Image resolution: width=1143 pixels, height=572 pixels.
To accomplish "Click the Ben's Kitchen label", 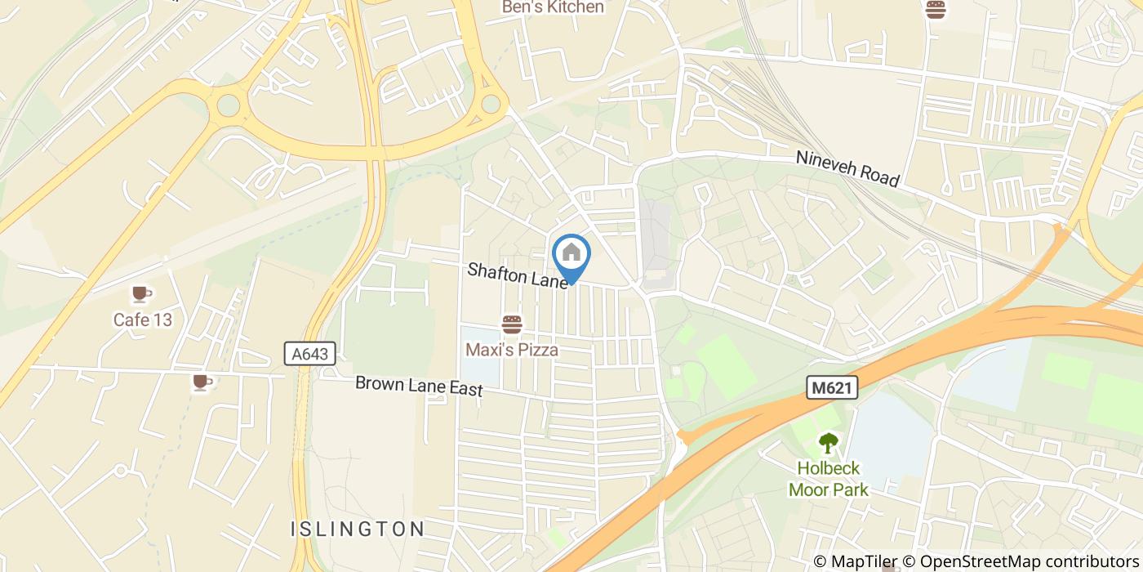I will click(x=553, y=7).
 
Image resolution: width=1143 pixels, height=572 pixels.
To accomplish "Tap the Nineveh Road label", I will click(x=848, y=168).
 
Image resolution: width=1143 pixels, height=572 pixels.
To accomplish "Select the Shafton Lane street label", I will click(x=517, y=275).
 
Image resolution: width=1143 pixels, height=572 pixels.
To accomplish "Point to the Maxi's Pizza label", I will click(x=512, y=350).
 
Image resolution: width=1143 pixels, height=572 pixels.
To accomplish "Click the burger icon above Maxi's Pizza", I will click(x=512, y=325).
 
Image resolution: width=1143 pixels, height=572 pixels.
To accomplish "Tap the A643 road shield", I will click(x=310, y=354).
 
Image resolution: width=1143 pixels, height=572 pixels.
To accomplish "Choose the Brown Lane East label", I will click(x=419, y=386).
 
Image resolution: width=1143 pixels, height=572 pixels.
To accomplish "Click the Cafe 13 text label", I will click(x=143, y=320).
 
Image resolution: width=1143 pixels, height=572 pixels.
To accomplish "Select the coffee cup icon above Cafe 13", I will click(x=142, y=294).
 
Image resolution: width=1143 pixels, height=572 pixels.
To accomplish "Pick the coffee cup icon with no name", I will click(x=201, y=382).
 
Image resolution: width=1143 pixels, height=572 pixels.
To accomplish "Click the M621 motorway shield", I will click(x=832, y=388).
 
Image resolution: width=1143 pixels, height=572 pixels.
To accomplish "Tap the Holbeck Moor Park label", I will click(x=829, y=479).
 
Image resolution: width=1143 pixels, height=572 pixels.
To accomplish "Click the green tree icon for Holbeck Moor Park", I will click(x=829, y=444).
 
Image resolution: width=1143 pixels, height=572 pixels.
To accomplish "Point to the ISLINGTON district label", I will click(x=358, y=529).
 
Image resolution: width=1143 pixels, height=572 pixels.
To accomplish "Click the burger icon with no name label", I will click(x=935, y=10).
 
